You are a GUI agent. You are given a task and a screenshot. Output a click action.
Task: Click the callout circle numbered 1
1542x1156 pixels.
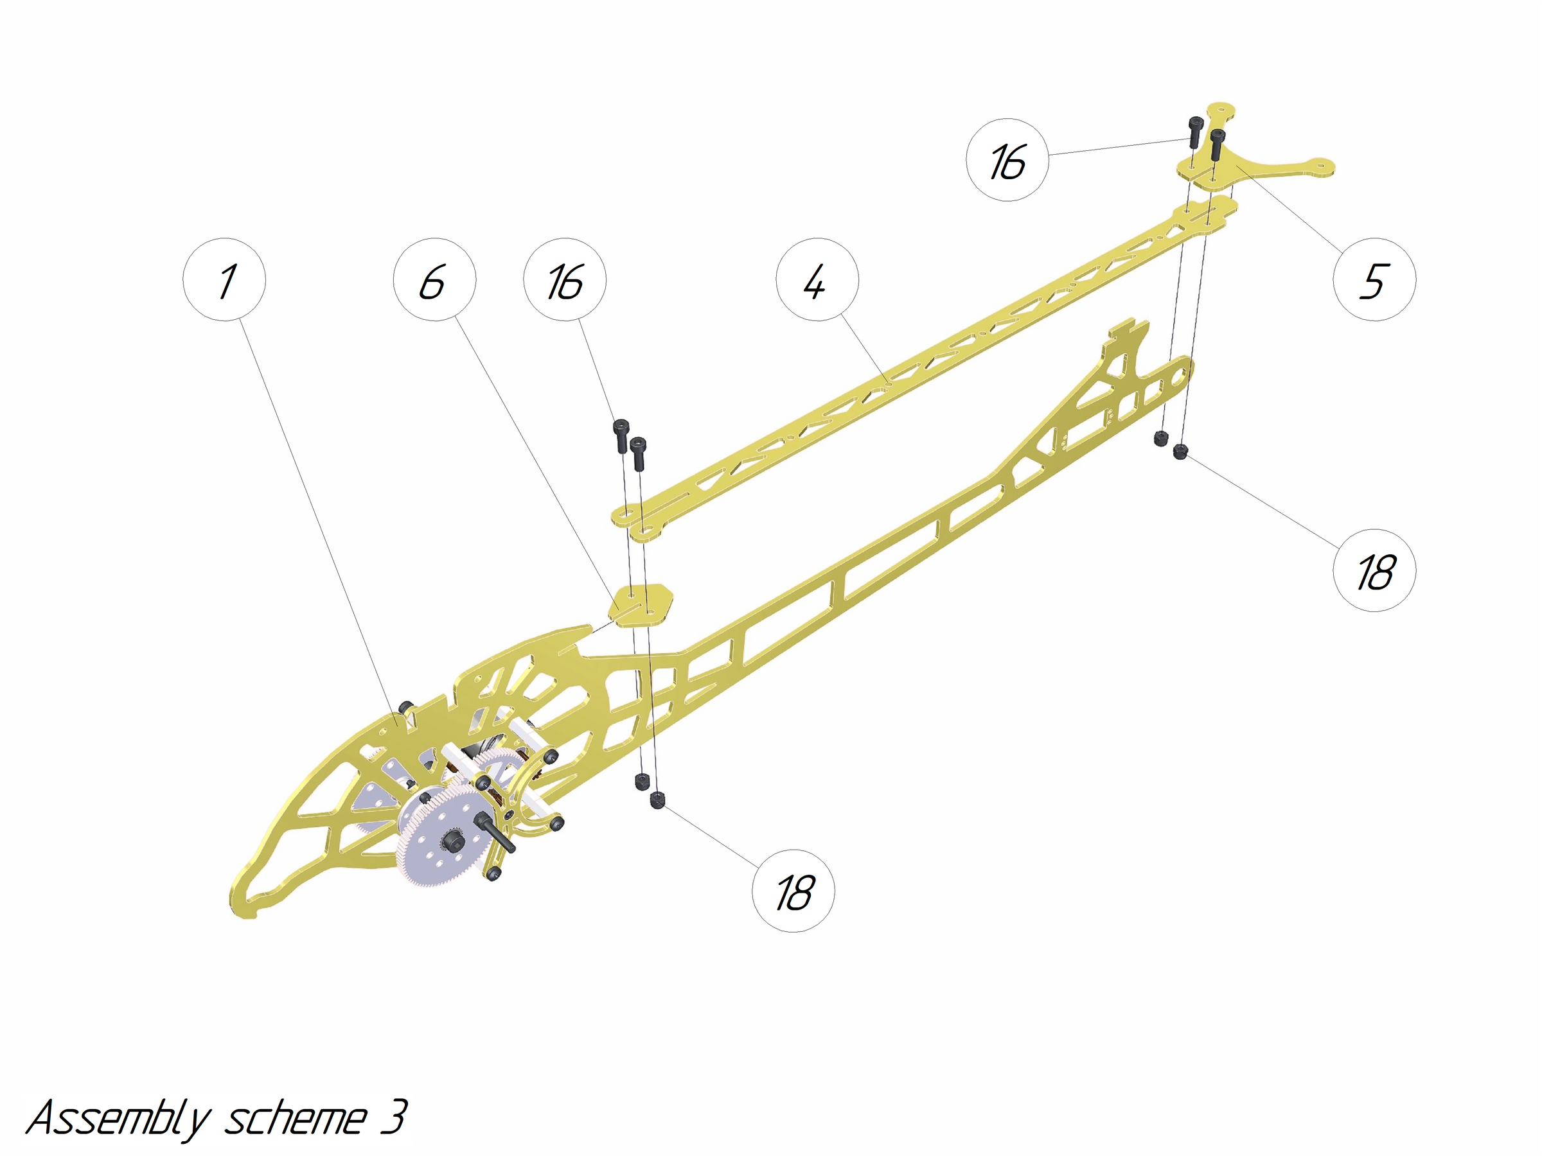(224, 279)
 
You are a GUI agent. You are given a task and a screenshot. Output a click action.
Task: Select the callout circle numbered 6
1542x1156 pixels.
(434, 279)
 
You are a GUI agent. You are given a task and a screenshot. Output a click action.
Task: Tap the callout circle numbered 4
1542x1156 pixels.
(817, 279)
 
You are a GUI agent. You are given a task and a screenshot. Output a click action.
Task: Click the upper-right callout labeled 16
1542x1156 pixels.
(1007, 161)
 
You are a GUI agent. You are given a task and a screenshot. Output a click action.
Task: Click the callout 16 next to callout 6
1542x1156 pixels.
(565, 279)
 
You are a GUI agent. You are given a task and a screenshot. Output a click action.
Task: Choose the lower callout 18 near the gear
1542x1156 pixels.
(793, 891)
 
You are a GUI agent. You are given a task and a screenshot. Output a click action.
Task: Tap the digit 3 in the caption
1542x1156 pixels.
(394, 1117)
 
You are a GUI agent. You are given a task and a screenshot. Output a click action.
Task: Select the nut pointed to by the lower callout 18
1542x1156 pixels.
(657, 800)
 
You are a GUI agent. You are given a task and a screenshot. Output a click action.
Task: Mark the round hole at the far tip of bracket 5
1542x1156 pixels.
(1321, 166)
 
